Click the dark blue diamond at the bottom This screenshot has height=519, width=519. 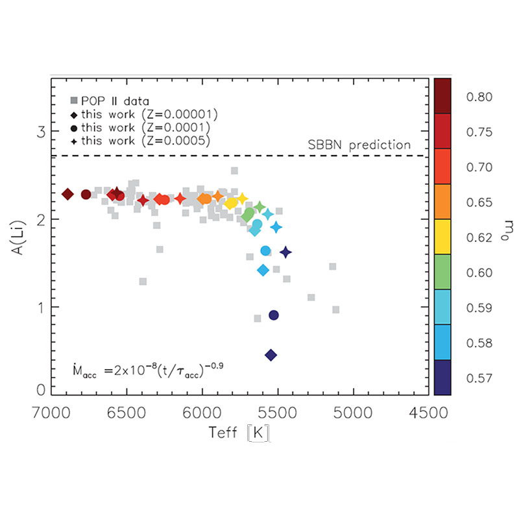point(271,354)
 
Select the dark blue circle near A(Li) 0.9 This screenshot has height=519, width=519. point(274,315)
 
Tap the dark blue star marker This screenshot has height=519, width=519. point(285,252)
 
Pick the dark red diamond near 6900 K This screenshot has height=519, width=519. point(67,194)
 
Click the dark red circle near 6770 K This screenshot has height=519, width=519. point(86,194)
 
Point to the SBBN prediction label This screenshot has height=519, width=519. point(370,145)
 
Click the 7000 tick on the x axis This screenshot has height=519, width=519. point(52,413)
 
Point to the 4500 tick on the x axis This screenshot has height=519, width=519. point(428,413)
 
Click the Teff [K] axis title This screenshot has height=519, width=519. point(240,433)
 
